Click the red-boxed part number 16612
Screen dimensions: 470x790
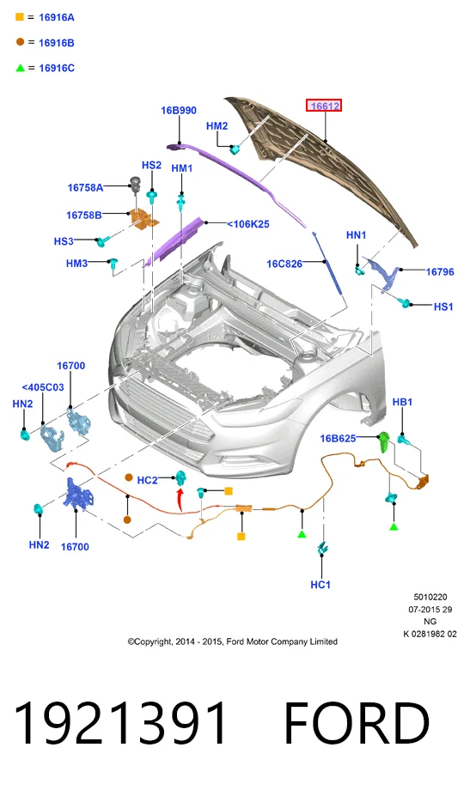(324, 106)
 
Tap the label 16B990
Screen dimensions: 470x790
(179, 110)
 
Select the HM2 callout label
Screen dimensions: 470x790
(217, 126)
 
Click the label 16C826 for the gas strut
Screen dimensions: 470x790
(284, 264)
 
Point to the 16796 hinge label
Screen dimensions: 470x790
(440, 272)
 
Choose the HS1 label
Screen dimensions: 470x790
(443, 307)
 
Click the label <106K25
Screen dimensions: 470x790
(248, 224)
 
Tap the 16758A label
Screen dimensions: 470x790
(85, 187)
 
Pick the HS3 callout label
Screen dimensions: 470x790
(64, 241)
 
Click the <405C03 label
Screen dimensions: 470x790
(43, 387)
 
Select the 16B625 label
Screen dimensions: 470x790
(338, 438)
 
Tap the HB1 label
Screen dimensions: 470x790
(402, 402)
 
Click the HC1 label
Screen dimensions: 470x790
(320, 585)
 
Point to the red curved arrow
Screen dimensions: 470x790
(180, 500)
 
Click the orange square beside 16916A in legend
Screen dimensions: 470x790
(20, 16)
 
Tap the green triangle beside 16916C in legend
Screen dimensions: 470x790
(20, 68)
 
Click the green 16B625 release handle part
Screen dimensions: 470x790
(384, 441)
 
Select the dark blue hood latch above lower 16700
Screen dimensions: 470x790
(77, 494)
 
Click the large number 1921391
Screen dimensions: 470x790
(120, 723)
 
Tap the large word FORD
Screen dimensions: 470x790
(357, 723)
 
